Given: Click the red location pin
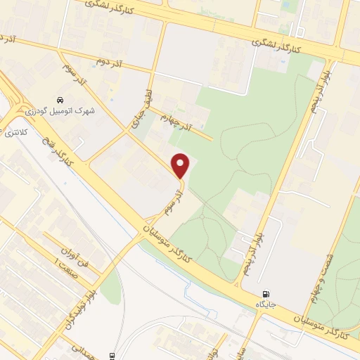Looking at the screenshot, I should tap(181, 165).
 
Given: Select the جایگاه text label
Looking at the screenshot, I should tap(265, 304).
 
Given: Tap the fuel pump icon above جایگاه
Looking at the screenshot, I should tap(265, 294).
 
